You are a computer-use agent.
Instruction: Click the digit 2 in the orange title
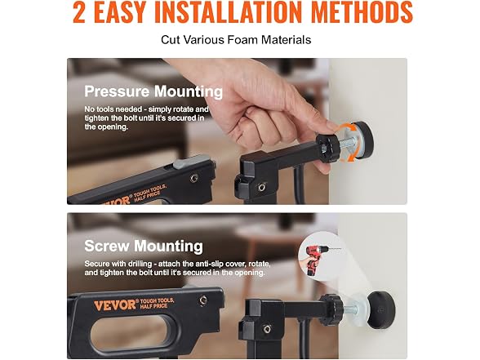point(79,12)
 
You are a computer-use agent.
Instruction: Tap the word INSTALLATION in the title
point(229,12)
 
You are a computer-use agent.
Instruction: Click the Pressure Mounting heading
point(153,91)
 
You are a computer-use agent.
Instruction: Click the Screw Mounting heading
point(144,246)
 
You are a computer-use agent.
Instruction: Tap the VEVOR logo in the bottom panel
point(114,305)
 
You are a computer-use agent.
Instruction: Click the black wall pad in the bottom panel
point(380,310)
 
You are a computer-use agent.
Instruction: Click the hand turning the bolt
point(260,115)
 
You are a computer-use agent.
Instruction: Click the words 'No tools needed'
point(113,109)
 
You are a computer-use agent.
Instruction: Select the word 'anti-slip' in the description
point(208,264)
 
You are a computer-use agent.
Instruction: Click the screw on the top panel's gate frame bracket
point(261,187)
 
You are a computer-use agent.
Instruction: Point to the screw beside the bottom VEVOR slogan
point(202,300)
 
